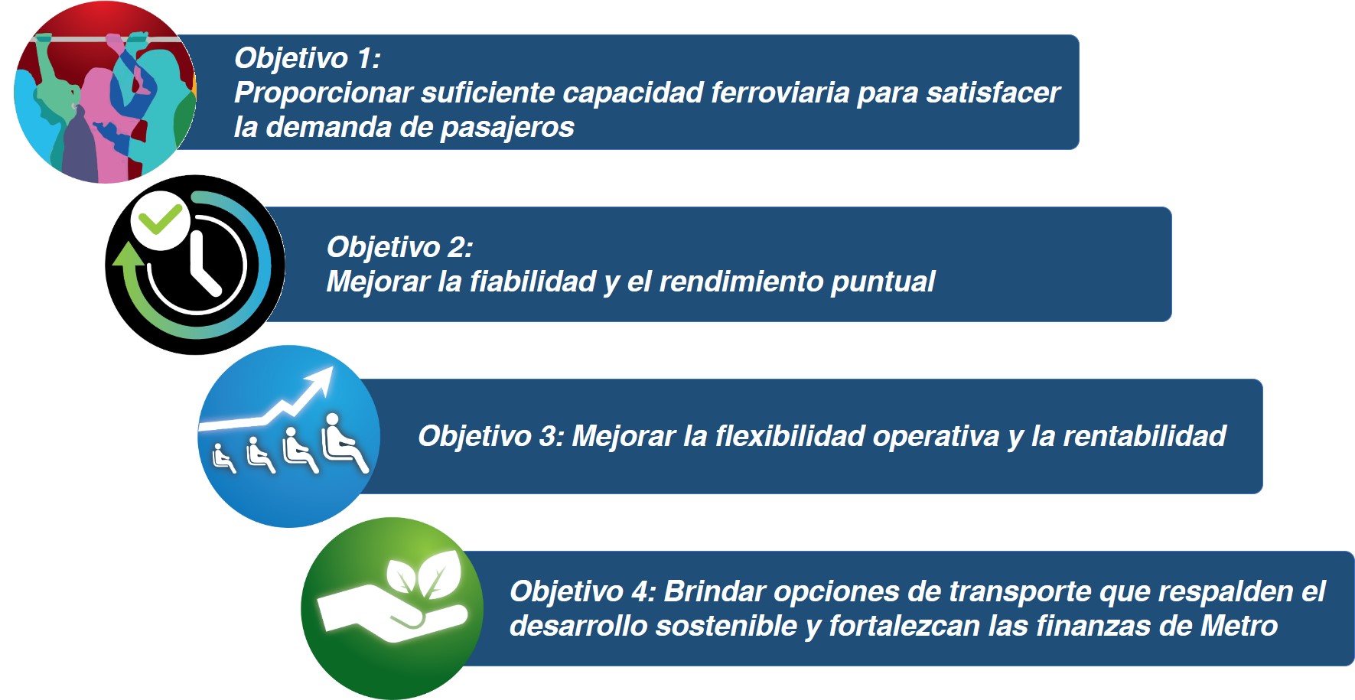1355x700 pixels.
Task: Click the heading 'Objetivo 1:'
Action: pyautogui.click(x=308, y=58)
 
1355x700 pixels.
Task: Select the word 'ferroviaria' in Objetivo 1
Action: pyautogui.click(x=780, y=93)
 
